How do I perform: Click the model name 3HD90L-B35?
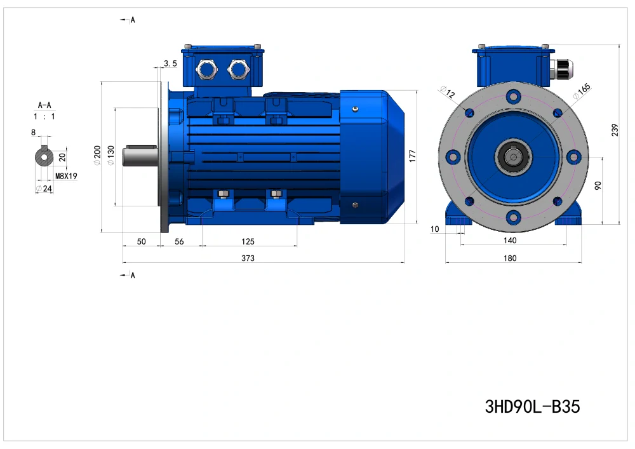(532, 406)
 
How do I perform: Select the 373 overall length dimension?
(248, 258)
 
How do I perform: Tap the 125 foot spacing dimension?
(248, 242)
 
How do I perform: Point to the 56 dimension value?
(179, 242)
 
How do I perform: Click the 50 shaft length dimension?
(141, 242)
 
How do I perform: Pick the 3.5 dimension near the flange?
(170, 64)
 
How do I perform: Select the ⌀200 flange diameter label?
(97, 156)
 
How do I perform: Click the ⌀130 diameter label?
(110, 156)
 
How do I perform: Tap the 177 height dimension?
(412, 156)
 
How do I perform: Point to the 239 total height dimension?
(615, 130)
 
